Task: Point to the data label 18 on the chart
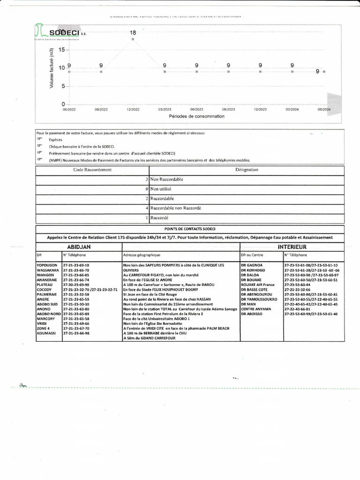[x=133, y=33]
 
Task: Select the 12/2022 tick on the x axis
[x=133, y=109]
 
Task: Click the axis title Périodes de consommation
[x=196, y=116]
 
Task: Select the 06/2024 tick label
[x=324, y=109]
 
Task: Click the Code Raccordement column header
[x=92, y=170]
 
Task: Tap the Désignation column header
[x=247, y=170]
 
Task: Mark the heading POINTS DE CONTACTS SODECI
[x=190, y=228]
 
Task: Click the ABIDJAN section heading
[x=79, y=247]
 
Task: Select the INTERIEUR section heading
[x=292, y=247]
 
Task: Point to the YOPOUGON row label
[x=47, y=265]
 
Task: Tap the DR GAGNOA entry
[x=252, y=265]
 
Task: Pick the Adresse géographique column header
[x=142, y=255]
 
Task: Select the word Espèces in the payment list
[x=55, y=140]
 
